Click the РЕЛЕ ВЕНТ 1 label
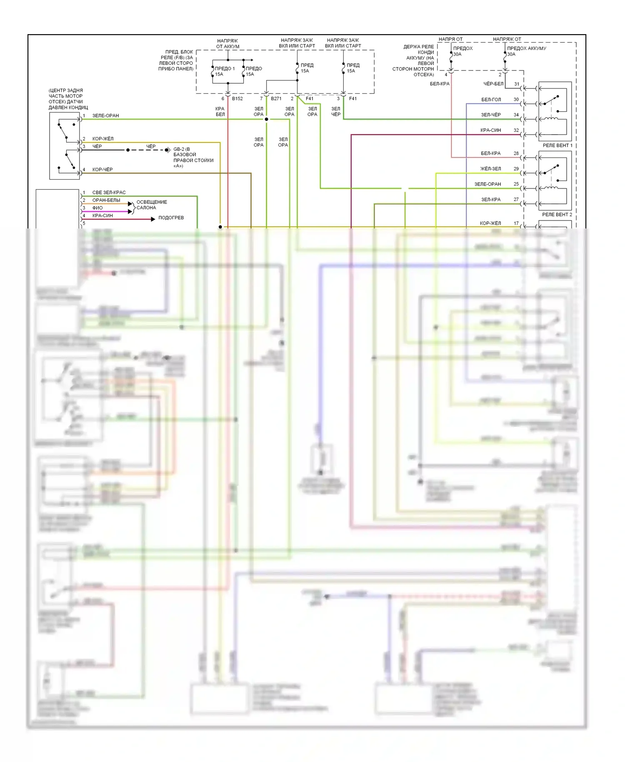557,145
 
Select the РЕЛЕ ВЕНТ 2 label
557,215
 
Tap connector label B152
237,99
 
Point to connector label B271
276,99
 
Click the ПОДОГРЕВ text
171,218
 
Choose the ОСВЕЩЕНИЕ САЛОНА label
151,205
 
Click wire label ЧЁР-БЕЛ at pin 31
493,84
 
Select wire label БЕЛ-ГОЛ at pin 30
491,100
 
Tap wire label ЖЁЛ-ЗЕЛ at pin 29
490,169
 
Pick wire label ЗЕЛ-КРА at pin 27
491,200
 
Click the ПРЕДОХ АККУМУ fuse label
526,48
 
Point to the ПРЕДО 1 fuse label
225,69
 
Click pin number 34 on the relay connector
516,115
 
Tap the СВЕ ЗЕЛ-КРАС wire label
109,193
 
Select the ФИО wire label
97,208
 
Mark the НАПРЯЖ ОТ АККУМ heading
227,44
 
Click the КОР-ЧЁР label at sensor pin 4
102,170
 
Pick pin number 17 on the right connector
516,223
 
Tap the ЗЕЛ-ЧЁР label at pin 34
491,115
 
